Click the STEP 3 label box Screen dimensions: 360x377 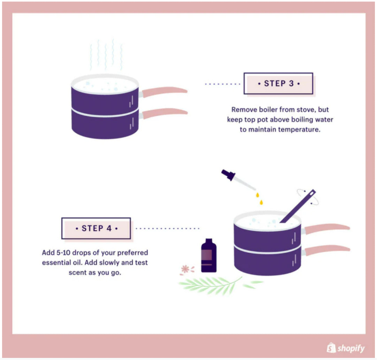pos(278,83)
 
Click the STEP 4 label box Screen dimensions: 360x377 pos(96,228)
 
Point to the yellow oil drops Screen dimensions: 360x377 pos(259,198)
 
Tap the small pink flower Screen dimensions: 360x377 pos(185,269)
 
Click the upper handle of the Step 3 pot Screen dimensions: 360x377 pos(164,91)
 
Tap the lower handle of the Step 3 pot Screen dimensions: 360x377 pos(164,113)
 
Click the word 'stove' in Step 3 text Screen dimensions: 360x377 pos(306,110)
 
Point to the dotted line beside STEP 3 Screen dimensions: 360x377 pos(223,84)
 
